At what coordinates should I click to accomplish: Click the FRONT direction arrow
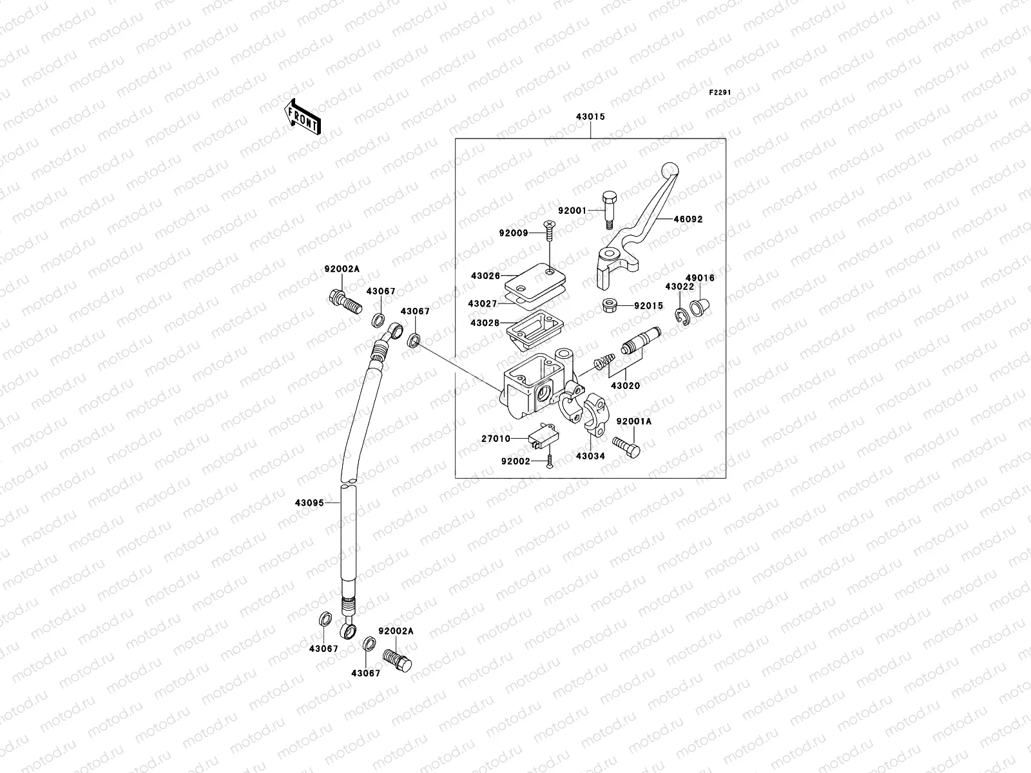302,117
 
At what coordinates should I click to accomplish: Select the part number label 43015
590,118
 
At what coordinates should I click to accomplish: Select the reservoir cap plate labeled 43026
535,280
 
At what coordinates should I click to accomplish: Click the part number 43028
485,323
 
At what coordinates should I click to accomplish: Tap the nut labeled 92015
610,305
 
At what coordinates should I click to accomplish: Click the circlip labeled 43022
683,315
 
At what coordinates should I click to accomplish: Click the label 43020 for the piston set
625,386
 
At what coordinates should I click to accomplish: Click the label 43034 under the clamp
591,456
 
